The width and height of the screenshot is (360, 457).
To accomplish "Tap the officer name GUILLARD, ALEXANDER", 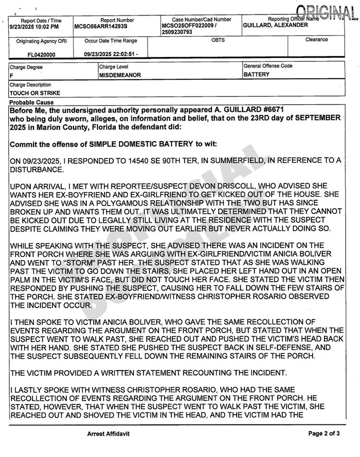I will pyautogui.click(x=276, y=25).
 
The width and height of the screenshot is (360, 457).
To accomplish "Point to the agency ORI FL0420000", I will pyautogui.click(x=40, y=55).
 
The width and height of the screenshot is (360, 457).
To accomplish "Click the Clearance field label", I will pyautogui.click(x=316, y=40).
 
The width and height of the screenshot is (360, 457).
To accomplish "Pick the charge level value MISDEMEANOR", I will pyautogui.click(x=118, y=75).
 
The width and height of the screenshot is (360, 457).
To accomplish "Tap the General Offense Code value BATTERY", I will pyautogui.click(x=256, y=75).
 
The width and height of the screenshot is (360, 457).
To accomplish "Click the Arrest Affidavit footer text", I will pyautogui.click(x=108, y=433).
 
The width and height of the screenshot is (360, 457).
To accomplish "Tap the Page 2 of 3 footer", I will pyautogui.click(x=324, y=433).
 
